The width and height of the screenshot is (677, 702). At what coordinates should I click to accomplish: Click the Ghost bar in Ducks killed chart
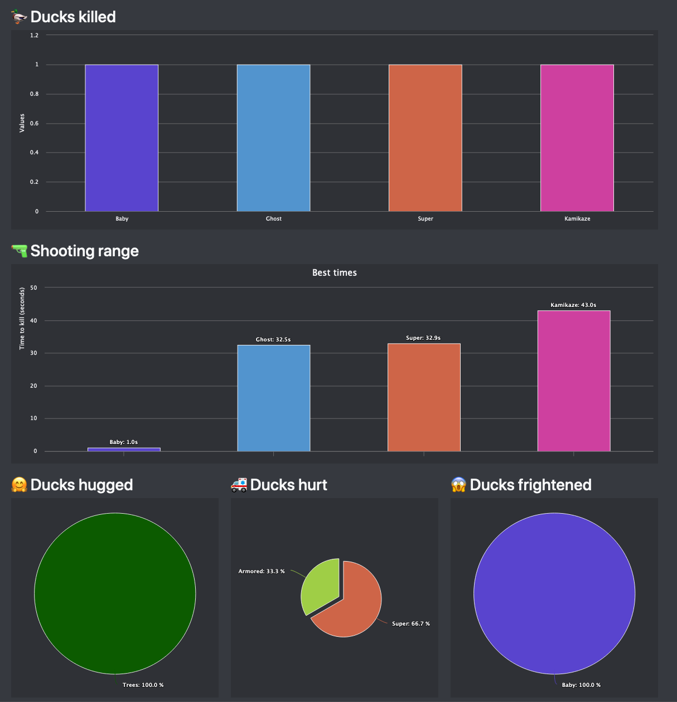point(273,138)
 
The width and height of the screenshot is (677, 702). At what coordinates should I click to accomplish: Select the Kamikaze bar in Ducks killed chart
point(577,138)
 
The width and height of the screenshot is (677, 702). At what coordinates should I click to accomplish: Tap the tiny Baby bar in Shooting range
point(124,449)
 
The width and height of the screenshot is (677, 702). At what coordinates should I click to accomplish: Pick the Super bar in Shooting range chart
point(424,397)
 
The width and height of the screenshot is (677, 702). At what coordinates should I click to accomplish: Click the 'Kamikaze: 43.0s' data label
point(573,305)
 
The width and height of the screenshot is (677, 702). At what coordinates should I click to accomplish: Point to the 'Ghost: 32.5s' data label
point(273,339)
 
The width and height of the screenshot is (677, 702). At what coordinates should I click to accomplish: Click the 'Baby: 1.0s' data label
point(124,442)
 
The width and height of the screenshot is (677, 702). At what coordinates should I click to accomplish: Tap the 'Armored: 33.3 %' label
point(262,571)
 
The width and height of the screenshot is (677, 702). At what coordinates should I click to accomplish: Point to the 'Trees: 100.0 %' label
point(143,685)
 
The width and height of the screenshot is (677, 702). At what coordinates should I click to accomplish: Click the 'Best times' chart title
point(335,272)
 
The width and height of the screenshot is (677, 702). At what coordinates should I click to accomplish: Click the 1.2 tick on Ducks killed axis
point(35,35)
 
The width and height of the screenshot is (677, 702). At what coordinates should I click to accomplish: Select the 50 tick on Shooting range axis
point(34,287)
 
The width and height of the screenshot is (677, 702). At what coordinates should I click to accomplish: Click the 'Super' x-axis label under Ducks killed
point(425,218)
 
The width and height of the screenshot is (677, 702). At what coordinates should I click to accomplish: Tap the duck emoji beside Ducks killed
point(19,17)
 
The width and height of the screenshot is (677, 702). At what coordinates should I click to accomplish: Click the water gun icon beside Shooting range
point(19,251)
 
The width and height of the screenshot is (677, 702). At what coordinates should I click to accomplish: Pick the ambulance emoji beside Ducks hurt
point(239,485)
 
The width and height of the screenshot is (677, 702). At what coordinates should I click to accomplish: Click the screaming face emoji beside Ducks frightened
point(458,485)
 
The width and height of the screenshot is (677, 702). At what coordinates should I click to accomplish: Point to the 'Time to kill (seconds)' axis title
point(22,319)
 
